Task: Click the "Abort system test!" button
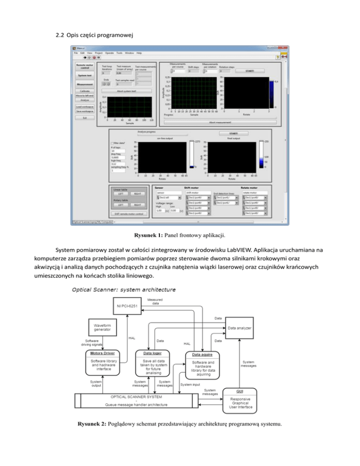click(x=112, y=90)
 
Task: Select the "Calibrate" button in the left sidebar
click(x=85, y=91)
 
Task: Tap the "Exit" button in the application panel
click(x=85, y=118)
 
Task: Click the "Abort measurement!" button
click(x=220, y=122)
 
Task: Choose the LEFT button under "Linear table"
click(x=121, y=193)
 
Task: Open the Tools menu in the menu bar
click(x=119, y=53)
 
